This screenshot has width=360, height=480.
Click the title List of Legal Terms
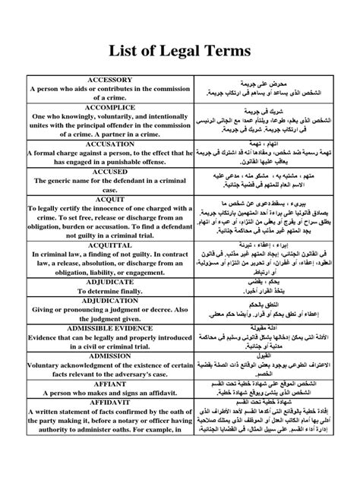(x=180, y=51)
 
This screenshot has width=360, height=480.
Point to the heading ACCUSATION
(x=110, y=142)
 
